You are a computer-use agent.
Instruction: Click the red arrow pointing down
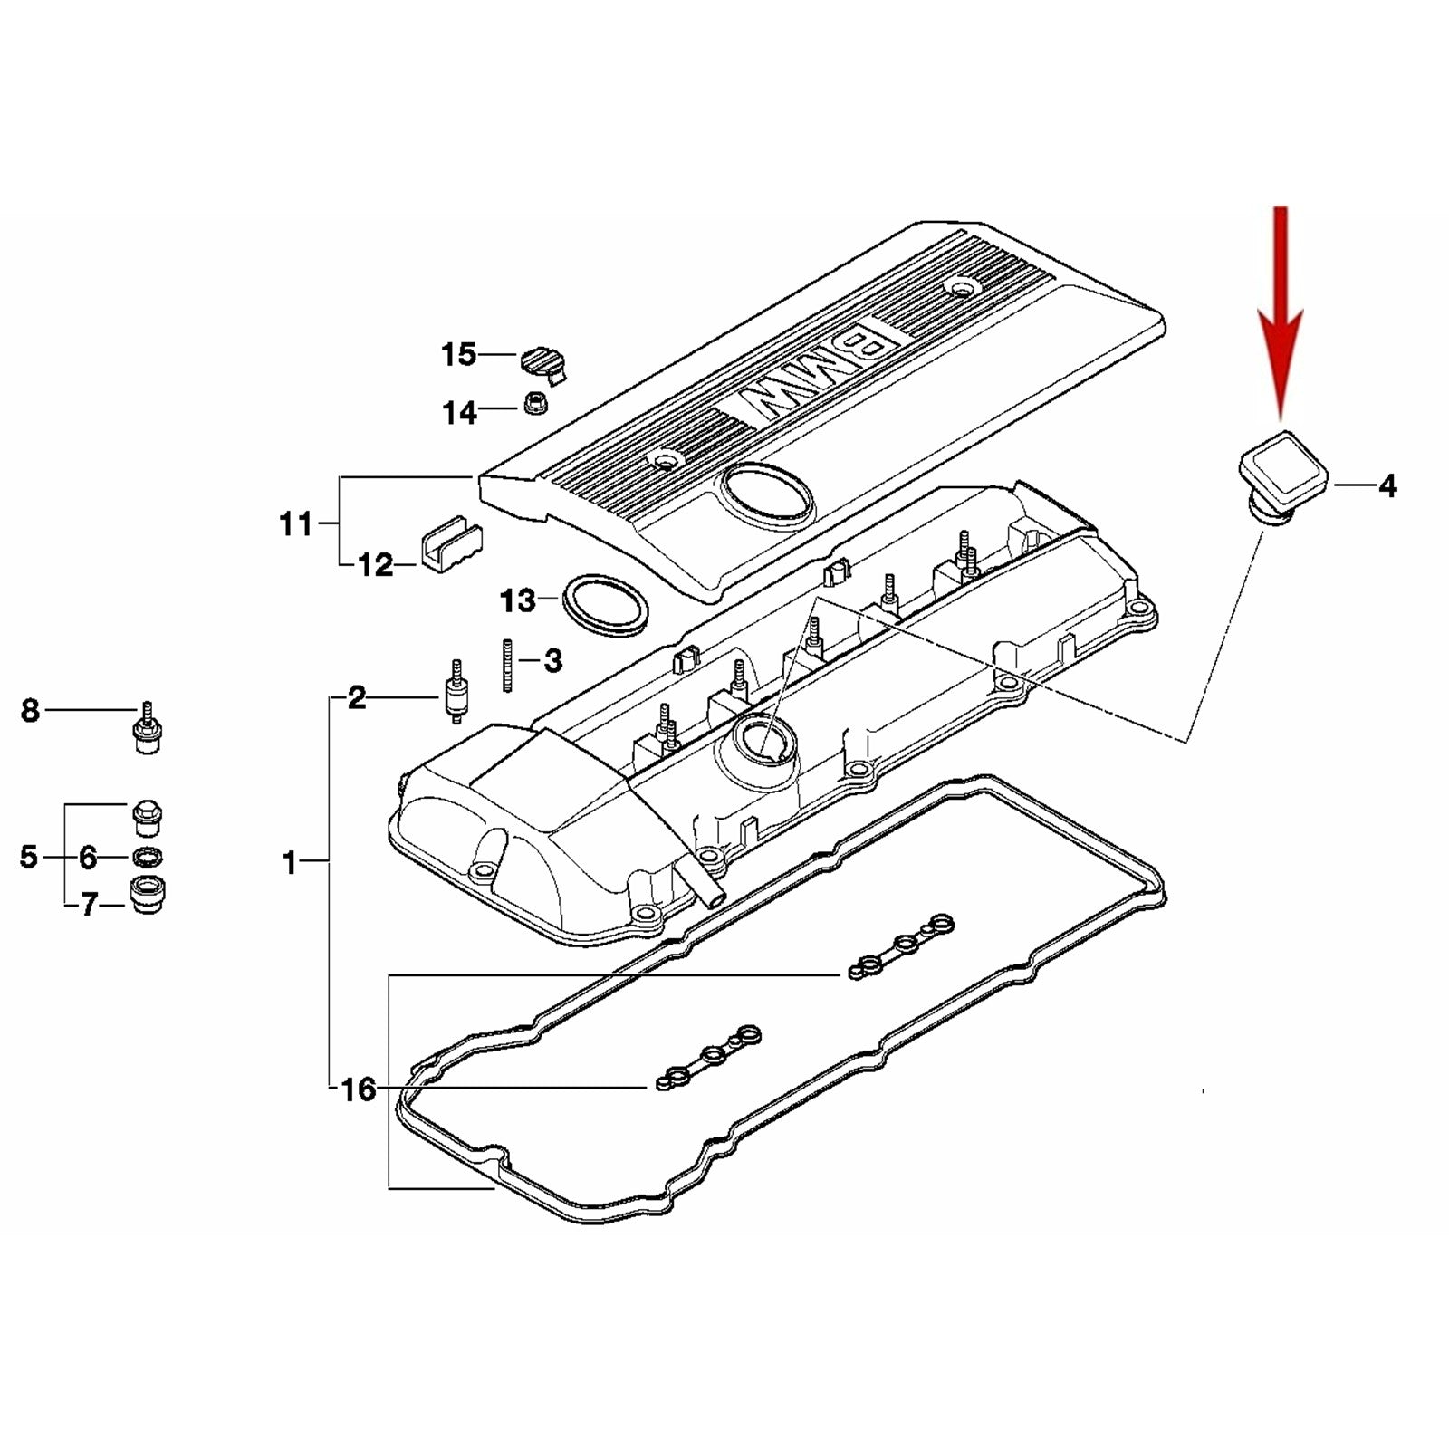point(1280,317)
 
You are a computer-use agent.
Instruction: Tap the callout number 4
point(1387,486)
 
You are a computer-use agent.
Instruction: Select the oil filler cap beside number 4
point(1281,480)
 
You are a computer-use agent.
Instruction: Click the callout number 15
point(458,354)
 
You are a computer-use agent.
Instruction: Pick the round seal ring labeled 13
point(605,601)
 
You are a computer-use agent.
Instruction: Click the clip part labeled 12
point(450,543)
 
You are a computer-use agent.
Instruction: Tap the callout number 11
point(295,523)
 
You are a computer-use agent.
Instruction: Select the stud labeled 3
point(507,666)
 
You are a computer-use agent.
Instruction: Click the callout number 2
point(357,697)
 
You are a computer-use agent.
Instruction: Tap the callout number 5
point(29,856)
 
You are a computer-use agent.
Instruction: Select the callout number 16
point(359,1089)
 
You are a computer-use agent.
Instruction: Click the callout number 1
point(290,862)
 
